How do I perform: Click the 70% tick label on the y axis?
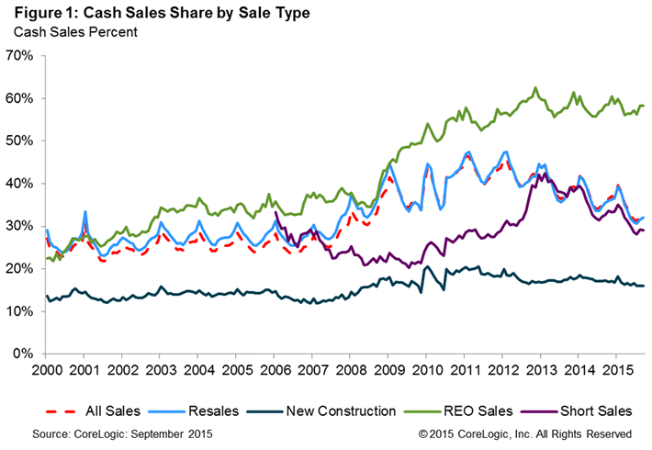point(20,56)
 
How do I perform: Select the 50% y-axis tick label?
point(20,141)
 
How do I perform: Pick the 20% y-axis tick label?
point(20,269)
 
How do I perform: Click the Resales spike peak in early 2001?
point(84,211)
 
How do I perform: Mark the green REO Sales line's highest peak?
point(535,88)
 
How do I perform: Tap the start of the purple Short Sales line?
point(276,212)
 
